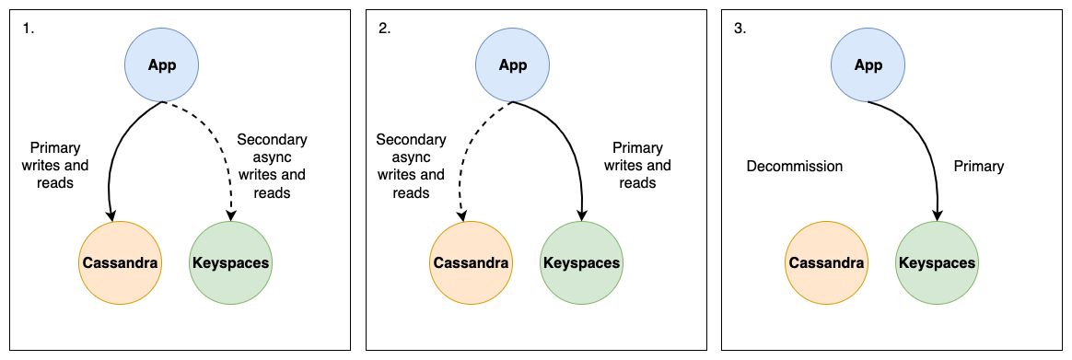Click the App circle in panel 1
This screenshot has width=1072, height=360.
click(x=162, y=65)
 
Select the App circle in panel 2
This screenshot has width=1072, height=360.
click(x=512, y=65)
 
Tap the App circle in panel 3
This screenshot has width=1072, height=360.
click(x=868, y=65)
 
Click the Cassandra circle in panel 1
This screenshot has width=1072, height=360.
click(x=120, y=262)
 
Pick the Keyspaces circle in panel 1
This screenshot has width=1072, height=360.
click(x=230, y=262)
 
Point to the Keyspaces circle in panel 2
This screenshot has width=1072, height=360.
click(x=581, y=262)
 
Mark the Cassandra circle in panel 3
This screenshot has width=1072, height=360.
click(x=826, y=262)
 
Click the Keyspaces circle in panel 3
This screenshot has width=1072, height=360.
click(x=937, y=262)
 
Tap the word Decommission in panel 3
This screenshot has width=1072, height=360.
click(x=794, y=167)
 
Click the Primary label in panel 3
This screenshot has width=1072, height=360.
click(x=979, y=167)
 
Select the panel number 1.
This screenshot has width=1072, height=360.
click(x=28, y=28)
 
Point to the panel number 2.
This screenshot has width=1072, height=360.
click(x=384, y=28)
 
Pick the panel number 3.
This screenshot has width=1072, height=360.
click(x=740, y=28)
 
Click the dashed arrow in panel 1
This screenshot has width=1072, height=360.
click(x=227, y=157)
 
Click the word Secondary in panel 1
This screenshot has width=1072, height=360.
click(x=272, y=140)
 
